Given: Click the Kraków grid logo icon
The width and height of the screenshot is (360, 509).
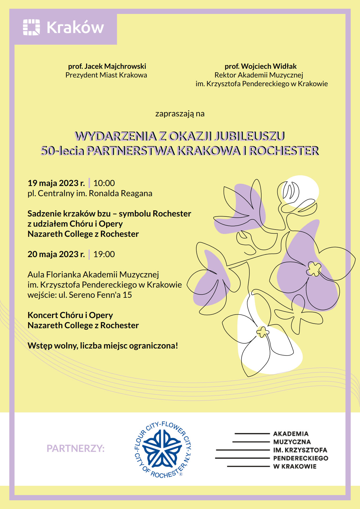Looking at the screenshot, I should click(x=31, y=27).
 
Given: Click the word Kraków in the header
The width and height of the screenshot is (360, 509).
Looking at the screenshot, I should click(x=75, y=27).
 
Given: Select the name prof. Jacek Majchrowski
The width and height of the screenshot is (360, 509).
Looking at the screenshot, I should click(x=107, y=66).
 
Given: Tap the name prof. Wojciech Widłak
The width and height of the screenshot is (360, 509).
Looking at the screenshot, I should click(x=260, y=66).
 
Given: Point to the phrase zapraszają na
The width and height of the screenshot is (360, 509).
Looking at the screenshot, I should click(x=180, y=113).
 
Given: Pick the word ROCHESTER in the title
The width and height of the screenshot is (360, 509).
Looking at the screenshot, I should click(x=284, y=151).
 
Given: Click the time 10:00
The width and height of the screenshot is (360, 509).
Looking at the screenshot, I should click(x=104, y=183).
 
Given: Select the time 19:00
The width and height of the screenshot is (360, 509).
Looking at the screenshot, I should click(x=104, y=254).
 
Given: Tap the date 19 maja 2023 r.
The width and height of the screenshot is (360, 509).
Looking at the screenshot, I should click(x=56, y=183).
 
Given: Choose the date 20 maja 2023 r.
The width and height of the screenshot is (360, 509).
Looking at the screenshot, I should click(x=56, y=254).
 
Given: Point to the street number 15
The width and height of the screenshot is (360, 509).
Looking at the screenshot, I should click(x=127, y=295).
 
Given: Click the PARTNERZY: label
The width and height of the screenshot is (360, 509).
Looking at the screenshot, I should click(x=75, y=448).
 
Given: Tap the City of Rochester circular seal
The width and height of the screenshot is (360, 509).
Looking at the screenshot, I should click(x=163, y=449).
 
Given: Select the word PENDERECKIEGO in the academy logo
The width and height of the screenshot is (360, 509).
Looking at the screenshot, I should click(x=300, y=458).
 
